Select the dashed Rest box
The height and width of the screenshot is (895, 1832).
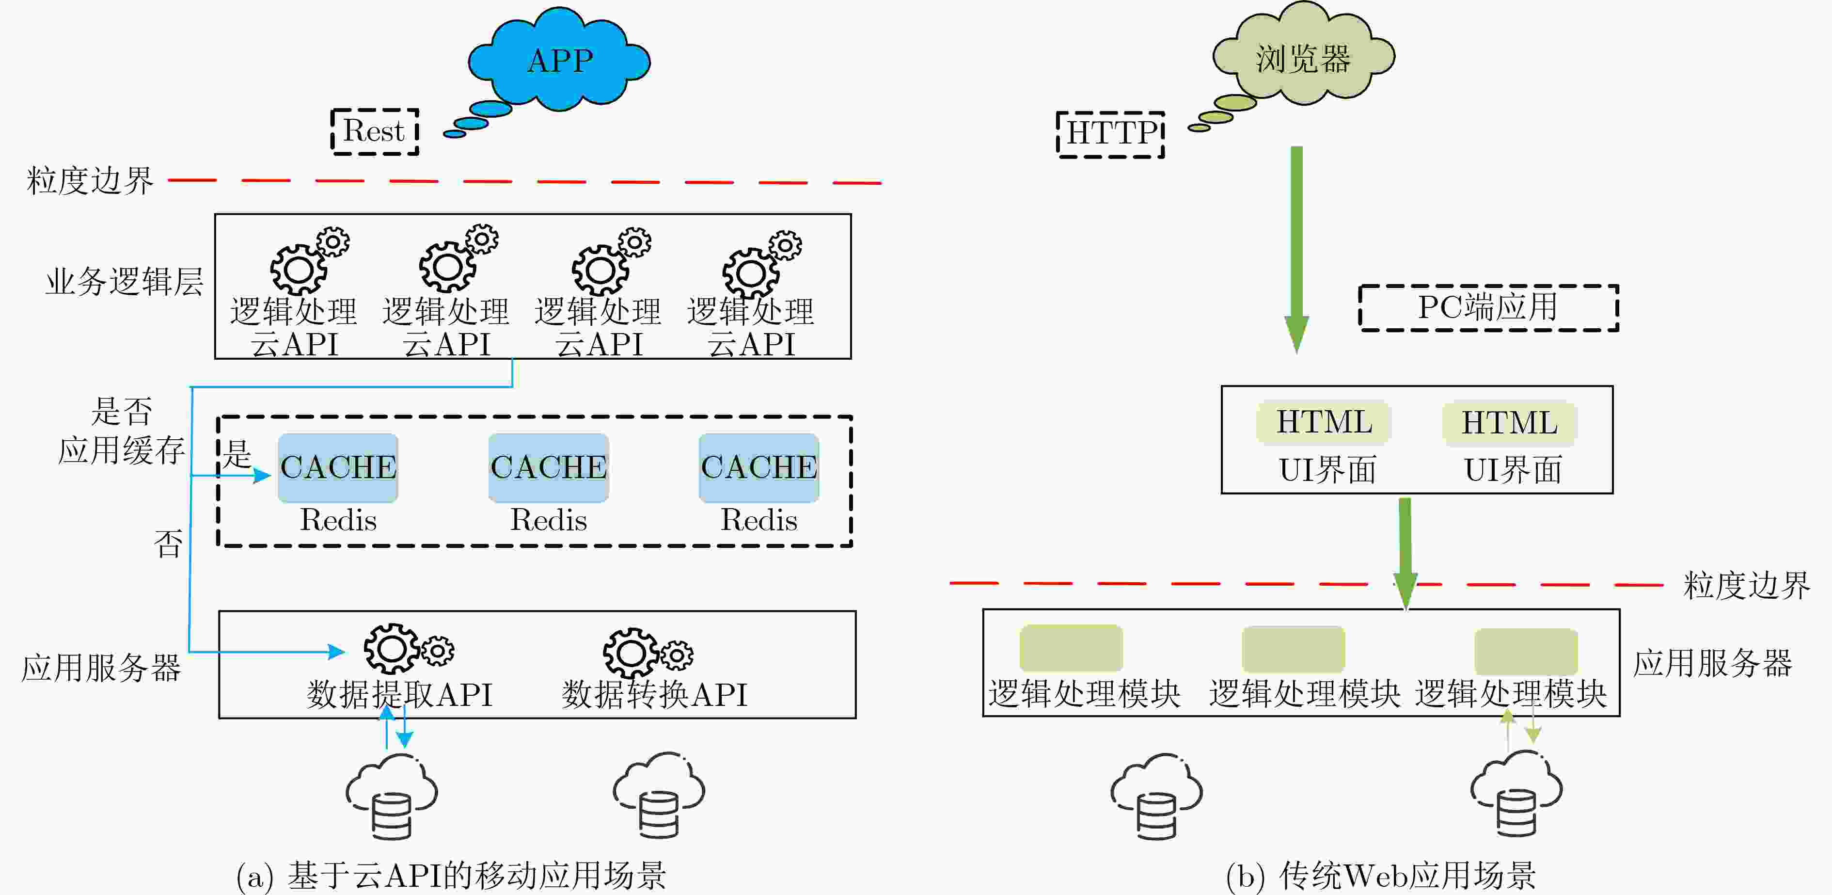coord(375,131)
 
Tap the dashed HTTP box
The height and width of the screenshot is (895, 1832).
coord(1110,134)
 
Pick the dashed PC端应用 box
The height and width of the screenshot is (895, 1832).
coord(1488,308)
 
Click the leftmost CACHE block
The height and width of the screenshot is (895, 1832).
coord(338,467)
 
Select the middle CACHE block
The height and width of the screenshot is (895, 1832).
coord(548,467)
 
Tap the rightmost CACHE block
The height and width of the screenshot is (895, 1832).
coord(759,467)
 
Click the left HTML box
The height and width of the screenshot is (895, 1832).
coord(1324,423)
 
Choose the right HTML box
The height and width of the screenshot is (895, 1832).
coord(1509,423)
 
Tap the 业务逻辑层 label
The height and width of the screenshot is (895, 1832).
coord(125,282)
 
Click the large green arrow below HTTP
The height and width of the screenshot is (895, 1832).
coord(1296,249)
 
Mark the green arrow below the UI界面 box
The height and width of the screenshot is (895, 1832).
coord(1406,554)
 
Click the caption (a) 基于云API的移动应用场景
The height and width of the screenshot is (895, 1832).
coord(451,876)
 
